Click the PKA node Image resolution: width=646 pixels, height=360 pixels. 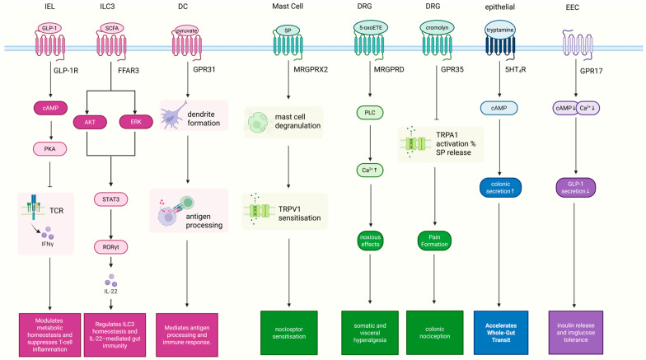[49, 148]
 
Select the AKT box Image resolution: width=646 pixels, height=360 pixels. [90, 122]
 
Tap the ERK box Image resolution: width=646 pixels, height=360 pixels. [136, 122]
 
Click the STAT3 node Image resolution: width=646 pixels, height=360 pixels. [110, 199]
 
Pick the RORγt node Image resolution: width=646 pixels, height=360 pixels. [110, 247]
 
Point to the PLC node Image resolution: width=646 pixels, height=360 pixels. [370, 112]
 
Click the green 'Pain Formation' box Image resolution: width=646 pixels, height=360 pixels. [434, 241]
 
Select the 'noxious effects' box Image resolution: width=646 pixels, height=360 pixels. [370, 241]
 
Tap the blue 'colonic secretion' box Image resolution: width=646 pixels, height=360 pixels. [501, 188]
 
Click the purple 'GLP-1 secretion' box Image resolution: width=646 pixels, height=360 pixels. [575, 188]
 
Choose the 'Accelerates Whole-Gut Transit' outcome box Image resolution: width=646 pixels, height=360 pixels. [501, 333]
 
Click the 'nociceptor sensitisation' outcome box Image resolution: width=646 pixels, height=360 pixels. [288, 333]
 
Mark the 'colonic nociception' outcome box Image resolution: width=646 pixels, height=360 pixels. [435, 333]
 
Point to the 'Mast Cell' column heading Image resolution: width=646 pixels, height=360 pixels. [288, 7]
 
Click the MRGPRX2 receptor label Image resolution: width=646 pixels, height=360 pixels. [311, 69]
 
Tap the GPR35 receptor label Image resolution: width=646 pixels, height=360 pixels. [452, 69]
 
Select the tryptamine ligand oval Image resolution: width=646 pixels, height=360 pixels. [499, 30]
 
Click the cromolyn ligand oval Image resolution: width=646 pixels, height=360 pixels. [437, 28]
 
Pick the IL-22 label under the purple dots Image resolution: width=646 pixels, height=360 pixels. [110, 292]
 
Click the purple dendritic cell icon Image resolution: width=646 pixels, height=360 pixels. [173, 115]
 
